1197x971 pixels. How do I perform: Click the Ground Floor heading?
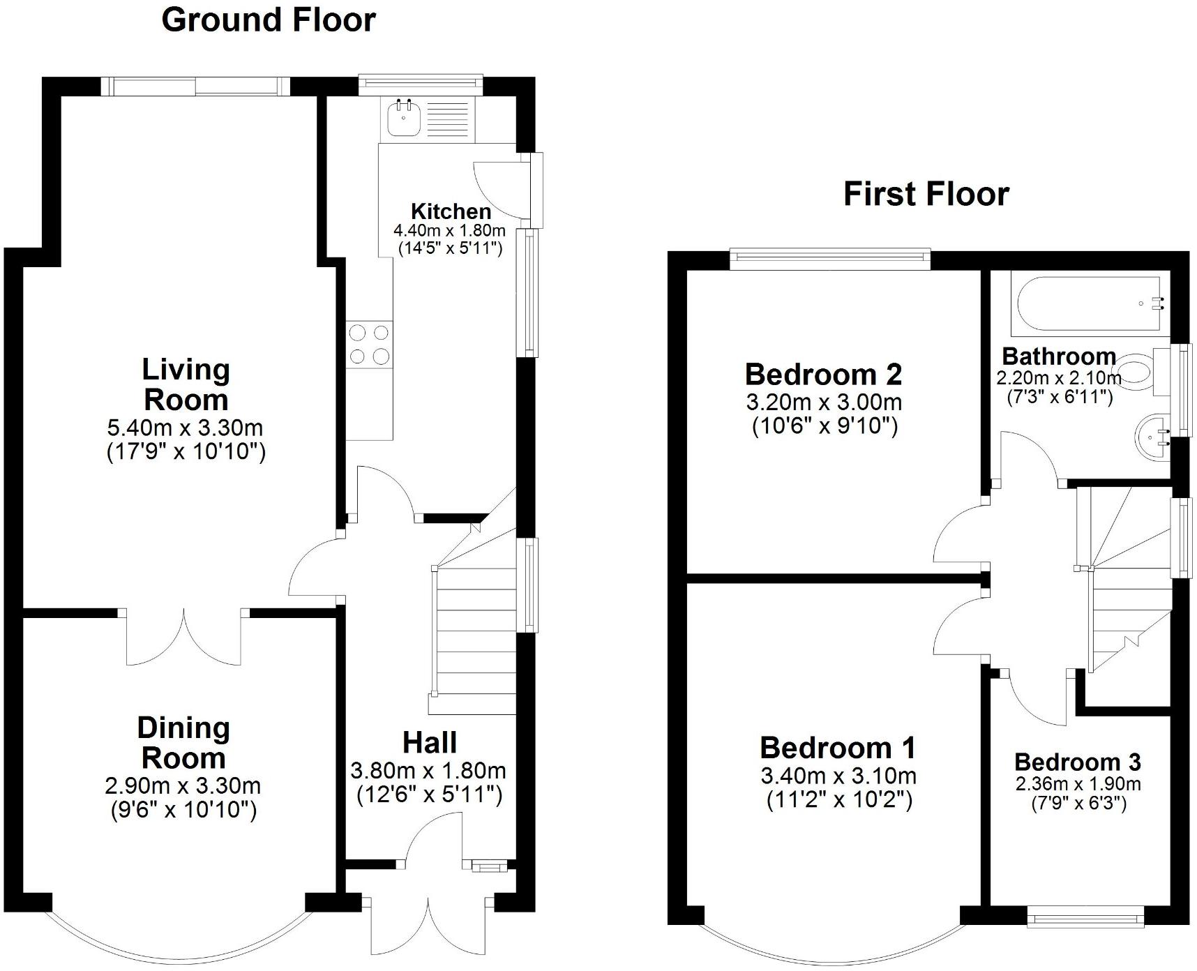pyautogui.click(x=269, y=20)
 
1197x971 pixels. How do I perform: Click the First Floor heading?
pyautogui.click(x=926, y=193)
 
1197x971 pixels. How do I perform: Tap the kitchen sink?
pyautogui.click(x=403, y=119)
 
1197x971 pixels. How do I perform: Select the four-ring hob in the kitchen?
pyautogui.click(x=370, y=345)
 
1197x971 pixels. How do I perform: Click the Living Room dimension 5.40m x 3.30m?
pyautogui.click(x=185, y=427)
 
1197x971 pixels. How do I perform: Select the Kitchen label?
pyautogui.click(x=451, y=211)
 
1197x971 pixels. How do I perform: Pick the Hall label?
pyautogui.click(x=430, y=742)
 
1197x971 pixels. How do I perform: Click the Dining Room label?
pyautogui.click(x=183, y=742)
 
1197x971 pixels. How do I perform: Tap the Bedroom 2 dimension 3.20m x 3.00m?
pyautogui.click(x=824, y=402)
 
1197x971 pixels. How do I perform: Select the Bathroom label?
pyautogui.click(x=1059, y=356)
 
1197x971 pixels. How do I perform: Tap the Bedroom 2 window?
pyautogui.click(x=830, y=259)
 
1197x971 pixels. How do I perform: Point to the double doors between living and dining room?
pyautogui.click(x=184, y=637)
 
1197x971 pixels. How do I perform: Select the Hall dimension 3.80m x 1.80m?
pyautogui.click(x=428, y=771)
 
